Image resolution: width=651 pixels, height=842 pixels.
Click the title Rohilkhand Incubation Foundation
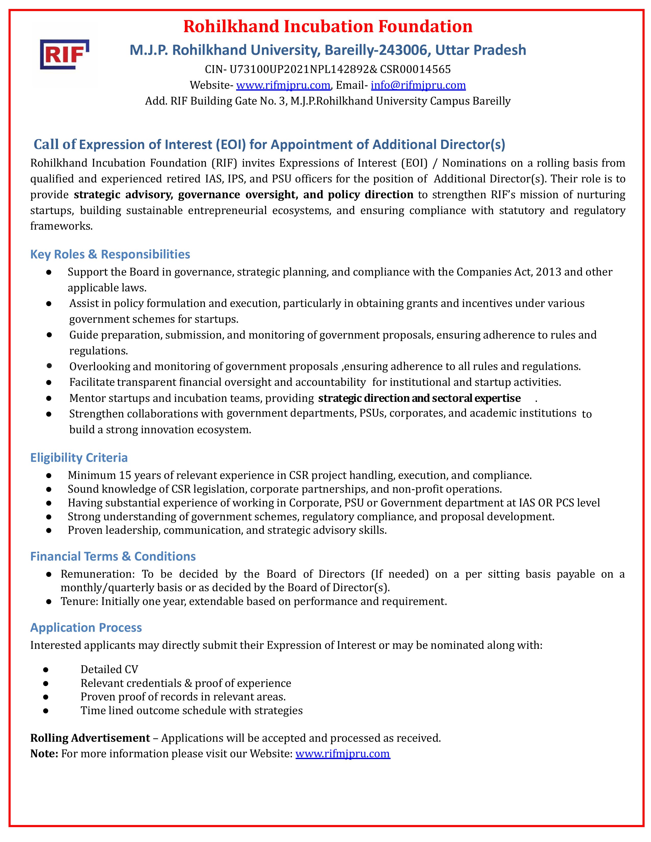click(328, 26)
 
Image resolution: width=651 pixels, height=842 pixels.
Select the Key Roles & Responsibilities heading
click(110, 254)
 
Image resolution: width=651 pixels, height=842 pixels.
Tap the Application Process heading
click(86, 628)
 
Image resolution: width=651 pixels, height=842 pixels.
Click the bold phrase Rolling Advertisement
click(90, 738)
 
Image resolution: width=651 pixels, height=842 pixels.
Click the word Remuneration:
click(98, 574)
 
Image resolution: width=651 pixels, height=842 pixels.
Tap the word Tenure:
click(79, 601)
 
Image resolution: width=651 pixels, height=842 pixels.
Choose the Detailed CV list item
click(109, 669)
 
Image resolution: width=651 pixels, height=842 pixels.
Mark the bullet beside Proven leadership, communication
click(49, 530)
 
